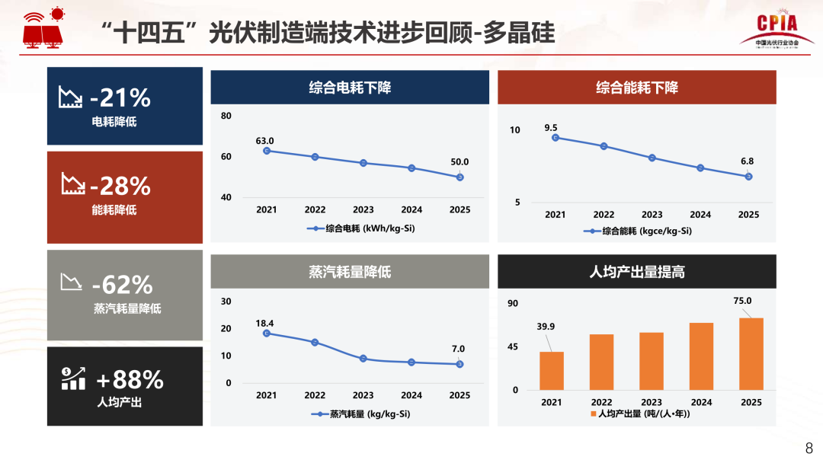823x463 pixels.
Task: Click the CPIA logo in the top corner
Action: [x=777, y=30]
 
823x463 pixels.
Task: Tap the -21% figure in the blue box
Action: [x=120, y=98]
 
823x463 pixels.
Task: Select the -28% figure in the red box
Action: [x=120, y=186]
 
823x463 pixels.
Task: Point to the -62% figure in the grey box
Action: [x=122, y=285]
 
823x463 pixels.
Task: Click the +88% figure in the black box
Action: [x=130, y=379]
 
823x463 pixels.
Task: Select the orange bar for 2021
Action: [x=552, y=371]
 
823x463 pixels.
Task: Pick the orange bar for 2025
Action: [x=751, y=354]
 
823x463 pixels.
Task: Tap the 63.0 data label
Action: [x=264, y=141]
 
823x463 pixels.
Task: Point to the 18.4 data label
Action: [x=264, y=324]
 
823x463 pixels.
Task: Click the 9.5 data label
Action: [x=551, y=128]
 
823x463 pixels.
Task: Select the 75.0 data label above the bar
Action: [x=743, y=301]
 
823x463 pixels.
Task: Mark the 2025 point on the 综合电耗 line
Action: [x=460, y=177]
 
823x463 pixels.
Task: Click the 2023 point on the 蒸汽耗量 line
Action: [x=363, y=359]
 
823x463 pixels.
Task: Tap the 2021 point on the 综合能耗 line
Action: [x=556, y=138]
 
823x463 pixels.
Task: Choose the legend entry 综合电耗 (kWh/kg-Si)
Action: [x=362, y=228]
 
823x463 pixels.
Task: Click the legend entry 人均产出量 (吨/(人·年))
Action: [x=640, y=414]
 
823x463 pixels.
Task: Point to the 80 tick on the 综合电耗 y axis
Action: [x=226, y=116]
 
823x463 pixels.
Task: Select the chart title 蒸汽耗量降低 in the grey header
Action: [x=350, y=271]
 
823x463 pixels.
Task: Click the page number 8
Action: [x=809, y=447]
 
